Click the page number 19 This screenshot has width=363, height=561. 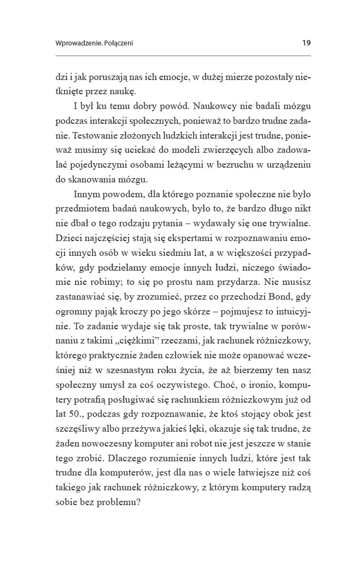coord(306,43)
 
